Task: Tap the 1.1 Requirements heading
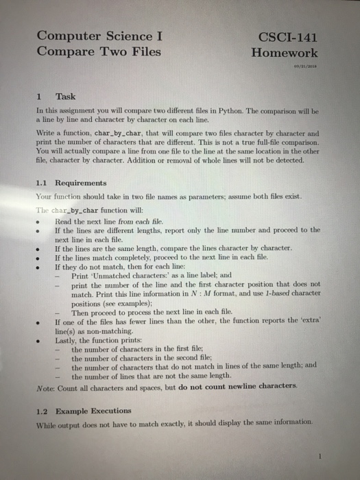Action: [x=71, y=183]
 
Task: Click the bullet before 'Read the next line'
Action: [x=45, y=221]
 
